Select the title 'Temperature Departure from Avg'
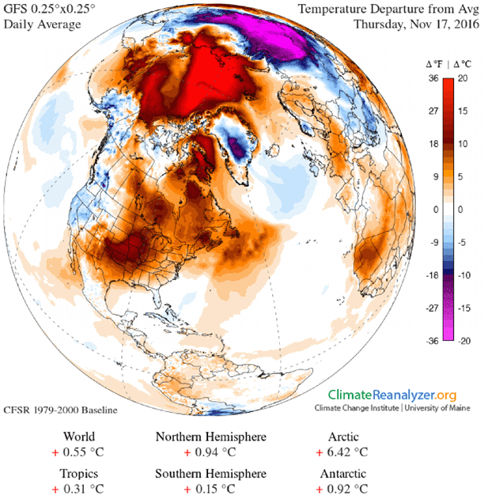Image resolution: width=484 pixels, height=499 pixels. (390, 9)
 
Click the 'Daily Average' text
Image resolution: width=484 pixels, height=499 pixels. (41, 24)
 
